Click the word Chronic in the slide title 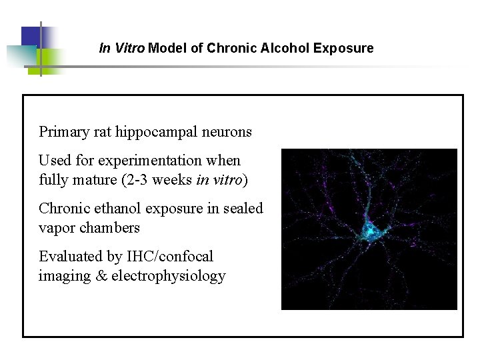[x=227, y=49]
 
